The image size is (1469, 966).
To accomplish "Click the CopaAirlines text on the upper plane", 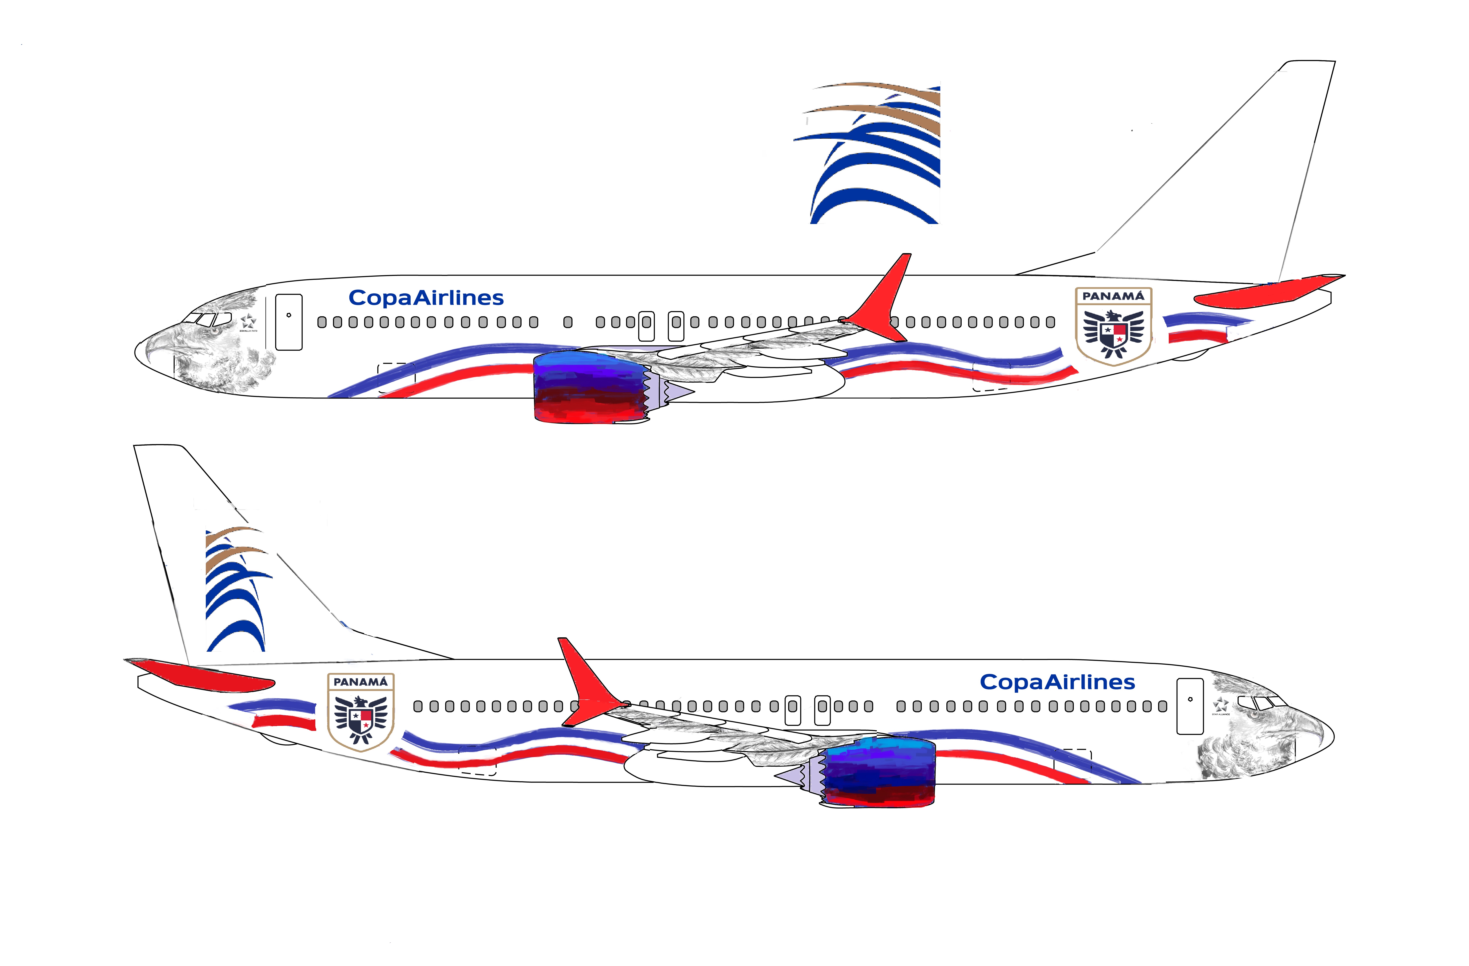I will tap(426, 298).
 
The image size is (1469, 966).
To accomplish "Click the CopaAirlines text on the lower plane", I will tap(1057, 682).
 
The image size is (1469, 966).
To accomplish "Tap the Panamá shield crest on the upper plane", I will tap(1114, 327).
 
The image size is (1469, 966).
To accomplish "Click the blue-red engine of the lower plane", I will tap(880, 771).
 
